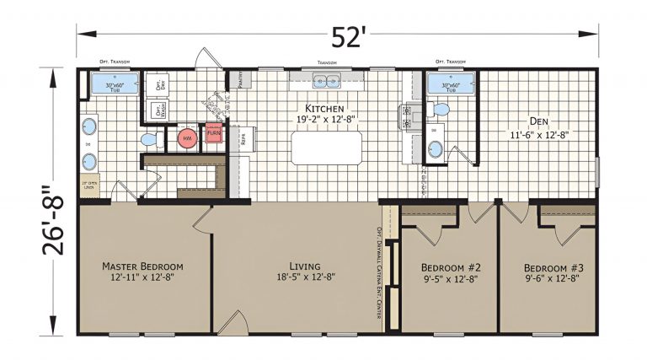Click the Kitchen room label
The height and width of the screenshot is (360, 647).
pos(324,115)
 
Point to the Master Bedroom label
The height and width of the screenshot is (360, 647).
pos(142,271)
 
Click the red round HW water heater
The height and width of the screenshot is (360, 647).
pos(187,138)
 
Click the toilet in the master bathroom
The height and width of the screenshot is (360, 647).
pos(148,138)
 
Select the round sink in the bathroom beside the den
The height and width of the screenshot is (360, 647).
pos(435,150)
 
